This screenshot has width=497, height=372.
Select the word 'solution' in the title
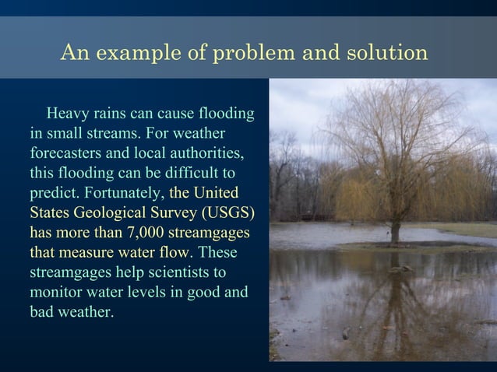click(x=383, y=53)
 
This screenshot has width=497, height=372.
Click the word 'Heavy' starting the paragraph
click(x=67, y=114)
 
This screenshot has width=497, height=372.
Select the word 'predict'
click(x=54, y=192)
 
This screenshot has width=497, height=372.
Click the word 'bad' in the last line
click(x=42, y=313)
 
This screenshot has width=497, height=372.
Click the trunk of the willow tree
click(x=395, y=230)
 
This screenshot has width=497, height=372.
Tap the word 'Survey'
click(x=173, y=212)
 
